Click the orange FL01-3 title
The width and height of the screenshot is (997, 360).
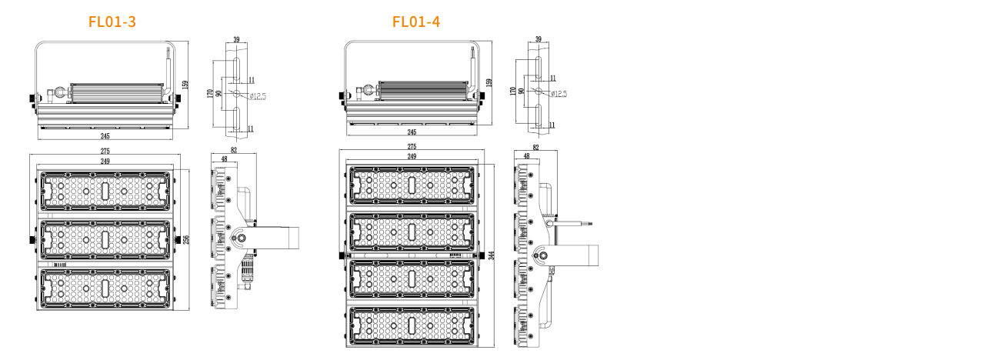[x=112, y=22]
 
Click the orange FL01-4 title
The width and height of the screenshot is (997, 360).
[x=416, y=22]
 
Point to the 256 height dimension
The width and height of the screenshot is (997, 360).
[x=185, y=240]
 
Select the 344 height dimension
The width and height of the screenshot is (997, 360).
[x=491, y=255]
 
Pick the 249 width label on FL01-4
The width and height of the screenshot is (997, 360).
[x=412, y=156]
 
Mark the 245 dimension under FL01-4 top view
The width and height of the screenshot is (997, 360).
[x=412, y=132]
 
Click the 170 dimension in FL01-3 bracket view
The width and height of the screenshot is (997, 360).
[x=210, y=93]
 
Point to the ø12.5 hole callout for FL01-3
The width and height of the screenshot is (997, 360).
[x=258, y=96]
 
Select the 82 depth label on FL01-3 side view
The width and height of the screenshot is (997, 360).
[x=234, y=151]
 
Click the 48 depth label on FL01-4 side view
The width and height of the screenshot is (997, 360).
[x=526, y=156]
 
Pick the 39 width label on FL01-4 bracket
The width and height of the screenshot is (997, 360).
[x=538, y=38]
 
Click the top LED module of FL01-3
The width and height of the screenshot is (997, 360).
[x=105, y=191]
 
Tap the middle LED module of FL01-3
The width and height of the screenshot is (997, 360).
[x=105, y=240]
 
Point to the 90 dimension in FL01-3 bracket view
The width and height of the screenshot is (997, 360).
[x=218, y=93]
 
